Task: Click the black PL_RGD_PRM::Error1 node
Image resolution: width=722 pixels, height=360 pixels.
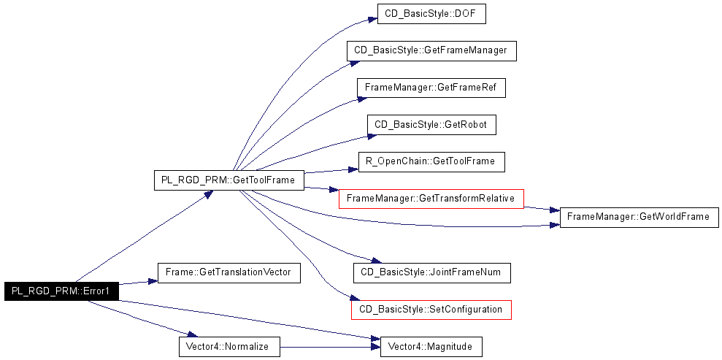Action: (x=62, y=291)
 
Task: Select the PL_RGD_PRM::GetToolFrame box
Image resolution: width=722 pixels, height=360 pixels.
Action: (x=228, y=180)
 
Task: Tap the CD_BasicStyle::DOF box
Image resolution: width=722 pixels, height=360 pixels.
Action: (x=431, y=15)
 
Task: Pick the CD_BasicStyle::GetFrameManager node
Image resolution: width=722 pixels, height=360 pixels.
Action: (x=431, y=50)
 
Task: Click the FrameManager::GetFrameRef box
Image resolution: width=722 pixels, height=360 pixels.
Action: (x=431, y=88)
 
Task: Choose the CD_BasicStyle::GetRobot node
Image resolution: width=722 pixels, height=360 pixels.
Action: (x=431, y=125)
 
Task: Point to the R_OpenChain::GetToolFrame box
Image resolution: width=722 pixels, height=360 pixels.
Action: (x=431, y=161)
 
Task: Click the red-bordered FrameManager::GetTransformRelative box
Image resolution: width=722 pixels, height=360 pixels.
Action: (x=431, y=199)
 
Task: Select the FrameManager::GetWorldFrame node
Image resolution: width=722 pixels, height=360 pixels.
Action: (x=639, y=217)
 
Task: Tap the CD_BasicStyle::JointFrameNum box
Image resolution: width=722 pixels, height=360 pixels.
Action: (x=431, y=272)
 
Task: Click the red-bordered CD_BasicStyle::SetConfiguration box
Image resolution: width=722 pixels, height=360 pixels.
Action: (x=431, y=310)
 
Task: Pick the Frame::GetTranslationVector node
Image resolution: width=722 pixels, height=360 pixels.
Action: (x=228, y=272)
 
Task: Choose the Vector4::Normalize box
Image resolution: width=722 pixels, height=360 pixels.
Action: (x=229, y=347)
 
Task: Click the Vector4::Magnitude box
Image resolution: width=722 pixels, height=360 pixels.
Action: (x=431, y=347)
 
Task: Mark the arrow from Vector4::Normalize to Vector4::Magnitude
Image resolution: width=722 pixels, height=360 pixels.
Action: (x=330, y=347)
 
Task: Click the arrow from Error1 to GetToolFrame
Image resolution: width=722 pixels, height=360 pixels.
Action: (x=144, y=236)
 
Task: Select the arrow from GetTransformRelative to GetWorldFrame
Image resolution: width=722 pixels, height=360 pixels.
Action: (x=542, y=209)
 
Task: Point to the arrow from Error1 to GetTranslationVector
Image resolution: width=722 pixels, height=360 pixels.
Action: (x=138, y=282)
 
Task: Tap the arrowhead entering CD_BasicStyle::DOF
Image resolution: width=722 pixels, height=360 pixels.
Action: (x=372, y=20)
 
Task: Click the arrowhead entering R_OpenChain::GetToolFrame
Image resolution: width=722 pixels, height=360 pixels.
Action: (x=353, y=169)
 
